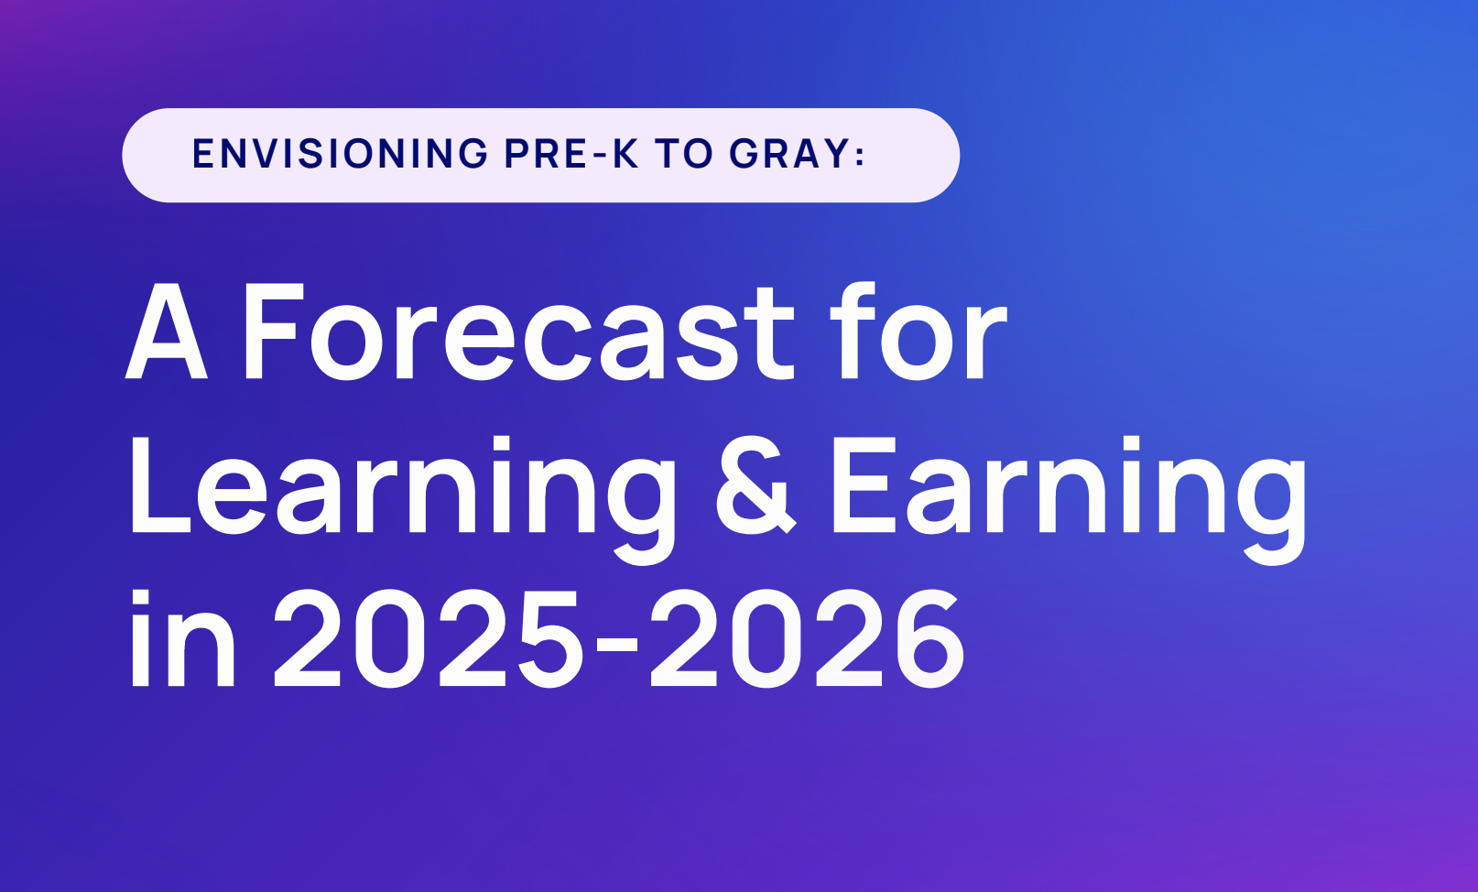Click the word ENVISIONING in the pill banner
pyautogui.click(x=340, y=154)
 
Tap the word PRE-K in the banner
pyautogui.click(x=571, y=154)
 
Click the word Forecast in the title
pyautogui.click(x=518, y=332)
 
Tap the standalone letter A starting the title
pyautogui.click(x=167, y=332)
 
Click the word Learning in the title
pyautogui.click(x=403, y=499)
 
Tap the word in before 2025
pyautogui.click(x=183, y=637)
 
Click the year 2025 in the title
pyautogui.click(x=429, y=638)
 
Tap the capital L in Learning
pyautogui.click(x=161, y=485)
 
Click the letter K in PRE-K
pyautogui.click(x=625, y=154)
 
